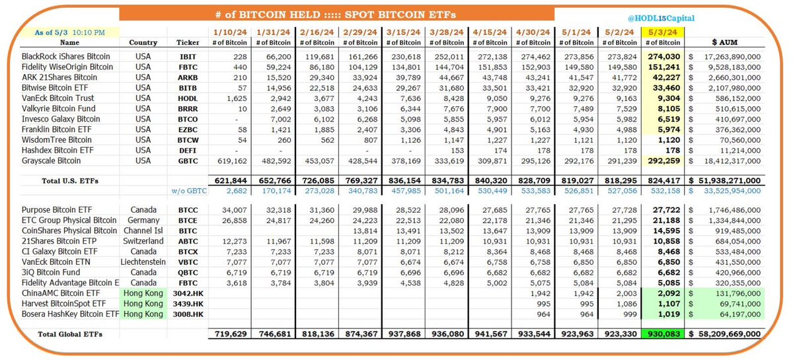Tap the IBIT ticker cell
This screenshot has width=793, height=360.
tap(187, 57)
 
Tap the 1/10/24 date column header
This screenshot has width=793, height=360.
tap(227, 31)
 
